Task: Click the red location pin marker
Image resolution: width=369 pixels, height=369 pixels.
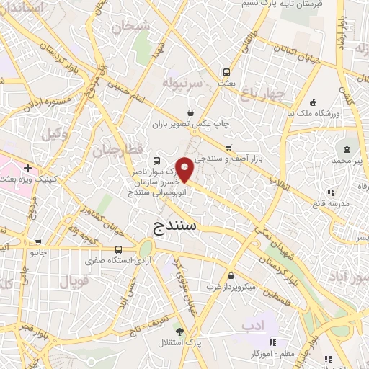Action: click(185, 169)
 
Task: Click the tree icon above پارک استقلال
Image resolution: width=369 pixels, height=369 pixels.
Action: click(179, 332)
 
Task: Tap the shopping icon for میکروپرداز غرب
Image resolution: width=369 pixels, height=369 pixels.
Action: click(230, 276)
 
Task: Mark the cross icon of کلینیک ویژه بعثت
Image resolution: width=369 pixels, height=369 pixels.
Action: click(27, 169)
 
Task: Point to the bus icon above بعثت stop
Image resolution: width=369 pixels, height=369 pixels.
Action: click(226, 72)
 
